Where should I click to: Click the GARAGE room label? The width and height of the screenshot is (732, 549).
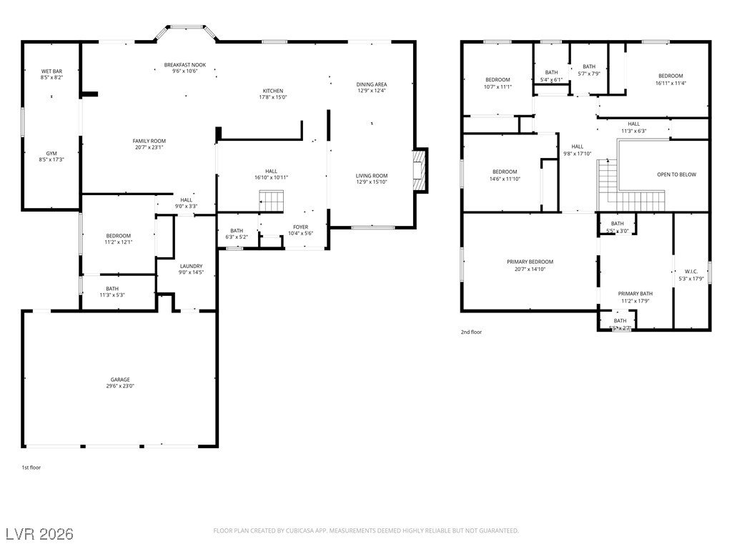point(120,380)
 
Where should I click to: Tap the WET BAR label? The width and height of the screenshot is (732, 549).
point(51,71)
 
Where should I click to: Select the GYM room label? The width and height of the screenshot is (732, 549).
point(51,154)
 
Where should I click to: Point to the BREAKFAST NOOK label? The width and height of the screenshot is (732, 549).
point(184,65)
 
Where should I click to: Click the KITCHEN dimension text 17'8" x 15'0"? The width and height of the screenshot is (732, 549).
point(272,97)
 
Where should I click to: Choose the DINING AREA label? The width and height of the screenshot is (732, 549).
point(372,84)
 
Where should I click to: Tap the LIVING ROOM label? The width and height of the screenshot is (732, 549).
point(372,176)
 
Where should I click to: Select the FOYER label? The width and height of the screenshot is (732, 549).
point(300,227)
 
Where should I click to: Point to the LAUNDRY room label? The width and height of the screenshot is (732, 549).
point(191,266)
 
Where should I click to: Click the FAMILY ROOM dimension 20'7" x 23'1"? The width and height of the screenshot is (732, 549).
point(149,147)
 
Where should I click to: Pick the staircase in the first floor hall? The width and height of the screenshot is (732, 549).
point(271,201)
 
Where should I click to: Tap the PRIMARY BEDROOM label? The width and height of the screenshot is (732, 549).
point(530,262)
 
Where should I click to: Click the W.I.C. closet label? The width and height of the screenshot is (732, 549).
point(691,272)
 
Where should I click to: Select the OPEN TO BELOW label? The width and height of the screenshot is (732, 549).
point(676,174)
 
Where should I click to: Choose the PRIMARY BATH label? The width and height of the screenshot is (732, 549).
point(635,294)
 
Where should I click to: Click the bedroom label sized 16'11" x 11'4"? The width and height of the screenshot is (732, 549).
point(670,76)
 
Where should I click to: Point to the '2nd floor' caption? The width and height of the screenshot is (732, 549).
point(471,332)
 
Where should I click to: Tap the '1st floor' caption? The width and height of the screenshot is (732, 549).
point(31,467)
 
